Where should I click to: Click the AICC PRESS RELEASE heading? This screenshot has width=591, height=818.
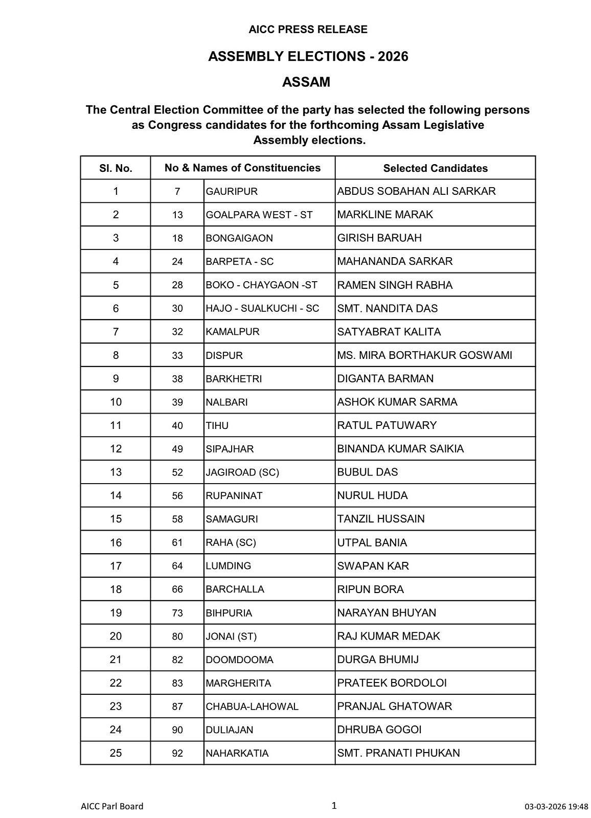pos(308,30)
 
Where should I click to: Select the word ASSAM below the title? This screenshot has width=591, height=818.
pos(306,82)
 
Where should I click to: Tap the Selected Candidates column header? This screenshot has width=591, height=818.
pos(435,168)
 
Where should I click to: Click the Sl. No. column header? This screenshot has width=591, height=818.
pos(116,168)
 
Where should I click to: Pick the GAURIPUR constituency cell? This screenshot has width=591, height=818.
pos(232,192)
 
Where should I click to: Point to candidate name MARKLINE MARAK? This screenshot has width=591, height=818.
pos(385,215)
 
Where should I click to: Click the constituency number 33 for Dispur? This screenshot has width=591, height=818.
pos(177,355)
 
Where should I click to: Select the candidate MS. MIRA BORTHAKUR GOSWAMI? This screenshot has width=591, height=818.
pos(424,355)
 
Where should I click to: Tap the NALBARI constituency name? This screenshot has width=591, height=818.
pos(226,402)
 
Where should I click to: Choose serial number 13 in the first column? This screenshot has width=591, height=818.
pos(116,472)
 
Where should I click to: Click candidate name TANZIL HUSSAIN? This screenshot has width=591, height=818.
pos(381,519)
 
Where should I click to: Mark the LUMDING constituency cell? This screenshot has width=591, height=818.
pos(229,566)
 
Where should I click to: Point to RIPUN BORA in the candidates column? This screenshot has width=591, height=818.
pos(370,589)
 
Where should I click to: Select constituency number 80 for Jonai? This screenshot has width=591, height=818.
pos(177,637)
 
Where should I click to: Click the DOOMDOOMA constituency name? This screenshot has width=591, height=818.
pos(239,660)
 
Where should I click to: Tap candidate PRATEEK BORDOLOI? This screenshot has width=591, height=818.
pos(392,683)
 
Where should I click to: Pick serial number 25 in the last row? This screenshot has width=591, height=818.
pos(116,753)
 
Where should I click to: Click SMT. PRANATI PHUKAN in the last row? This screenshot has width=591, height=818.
pos(398,753)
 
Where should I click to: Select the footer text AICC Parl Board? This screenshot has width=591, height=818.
pos(112,806)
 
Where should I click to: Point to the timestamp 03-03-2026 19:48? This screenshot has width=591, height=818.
pos(556,807)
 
